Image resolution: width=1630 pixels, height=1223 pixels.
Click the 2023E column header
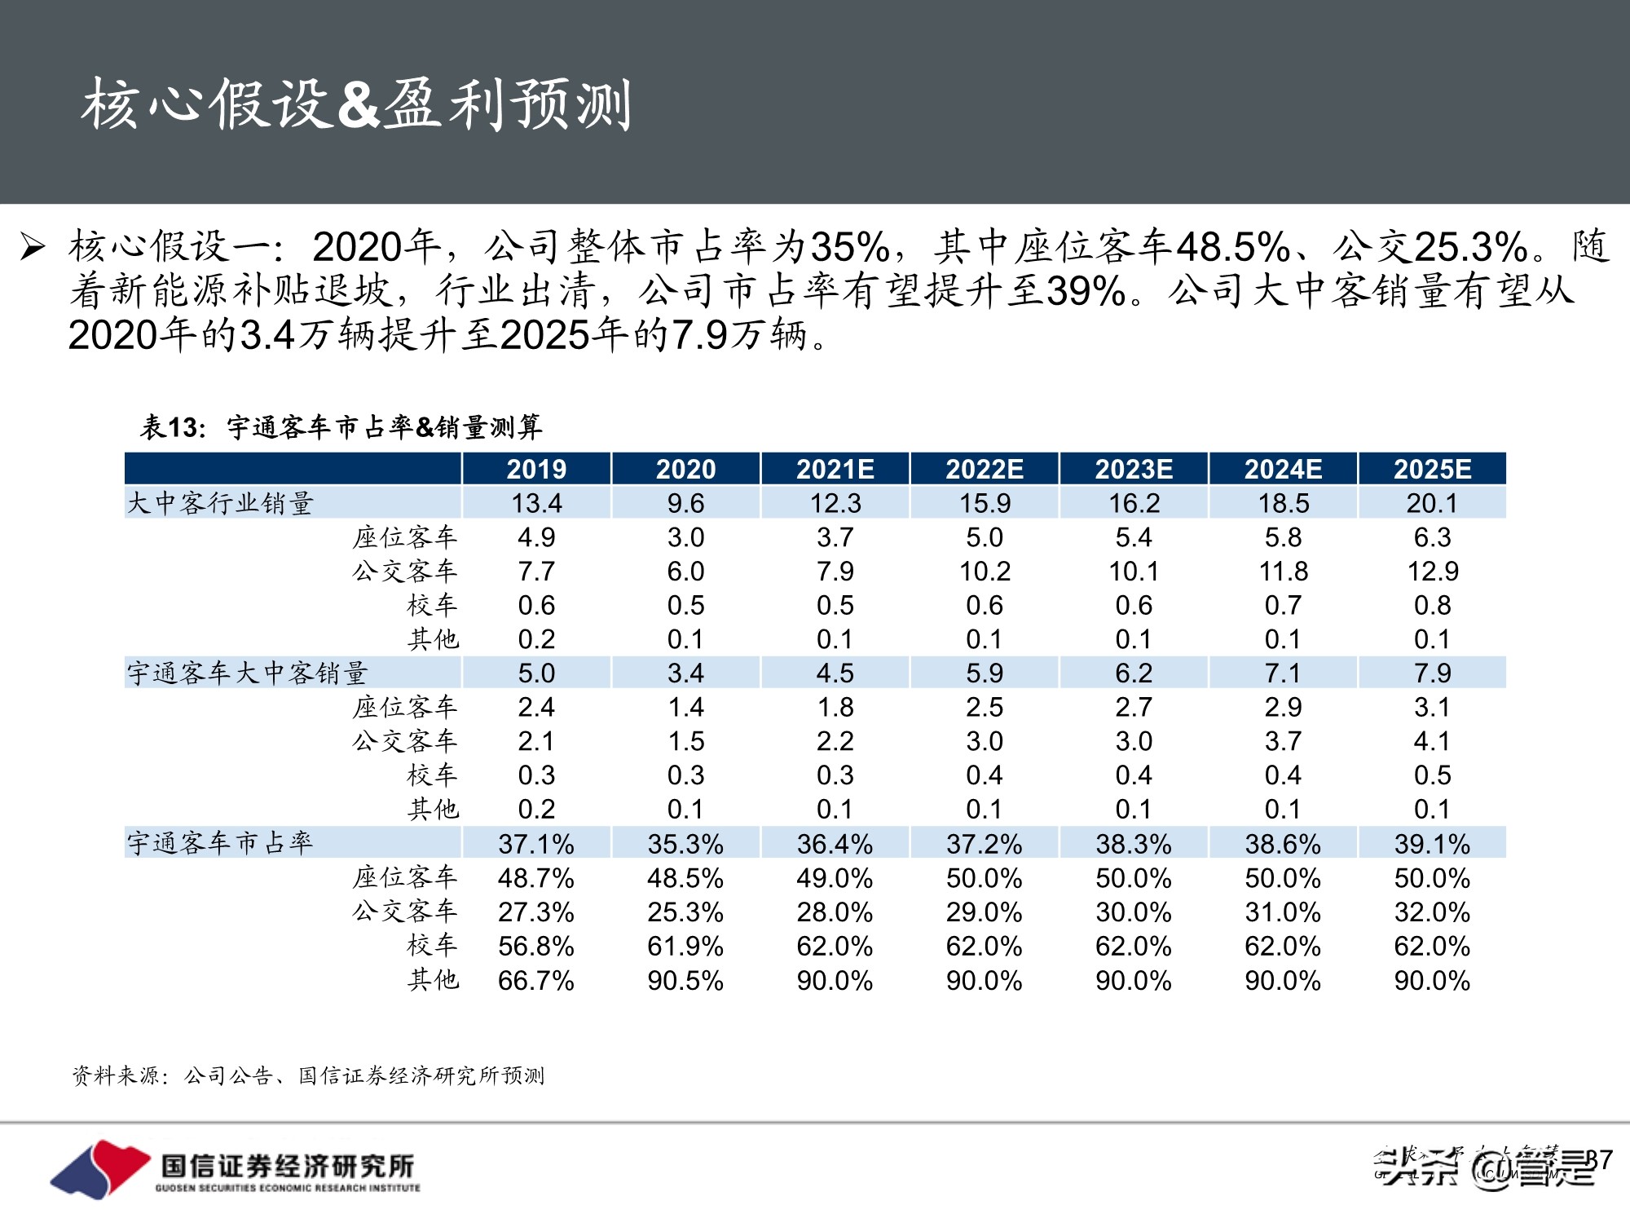(x=1134, y=469)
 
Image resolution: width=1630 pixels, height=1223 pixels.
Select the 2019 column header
(x=536, y=469)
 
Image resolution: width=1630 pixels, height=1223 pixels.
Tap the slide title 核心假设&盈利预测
(x=356, y=104)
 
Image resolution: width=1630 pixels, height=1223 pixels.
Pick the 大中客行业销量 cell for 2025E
(x=1432, y=503)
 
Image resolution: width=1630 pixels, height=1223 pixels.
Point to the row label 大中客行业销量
(x=220, y=503)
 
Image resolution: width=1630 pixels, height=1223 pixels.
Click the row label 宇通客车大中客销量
(x=247, y=673)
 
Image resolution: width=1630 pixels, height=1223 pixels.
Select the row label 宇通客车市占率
(x=220, y=843)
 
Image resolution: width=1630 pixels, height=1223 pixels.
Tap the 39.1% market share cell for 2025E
(x=1432, y=844)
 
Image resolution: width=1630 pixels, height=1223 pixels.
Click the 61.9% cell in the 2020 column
(x=685, y=946)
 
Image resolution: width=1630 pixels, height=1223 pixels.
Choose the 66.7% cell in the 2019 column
(x=536, y=980)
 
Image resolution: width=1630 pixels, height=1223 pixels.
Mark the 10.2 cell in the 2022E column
(x=985, y=572)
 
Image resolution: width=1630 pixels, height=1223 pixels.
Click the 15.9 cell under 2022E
(x=985, y=503)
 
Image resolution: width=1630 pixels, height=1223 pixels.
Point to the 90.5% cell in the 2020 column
(x=685, y=980)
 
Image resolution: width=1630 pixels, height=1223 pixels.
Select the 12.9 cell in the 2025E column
(x=1432, y=572)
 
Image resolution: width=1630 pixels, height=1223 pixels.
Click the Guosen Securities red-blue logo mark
(x=99, y=1168)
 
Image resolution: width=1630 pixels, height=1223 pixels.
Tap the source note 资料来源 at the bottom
(x=308, y=1076)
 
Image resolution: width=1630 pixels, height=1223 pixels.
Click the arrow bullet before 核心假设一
(x=33, y=246)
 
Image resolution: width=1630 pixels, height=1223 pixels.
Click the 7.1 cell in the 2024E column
(x=1283, y=673)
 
